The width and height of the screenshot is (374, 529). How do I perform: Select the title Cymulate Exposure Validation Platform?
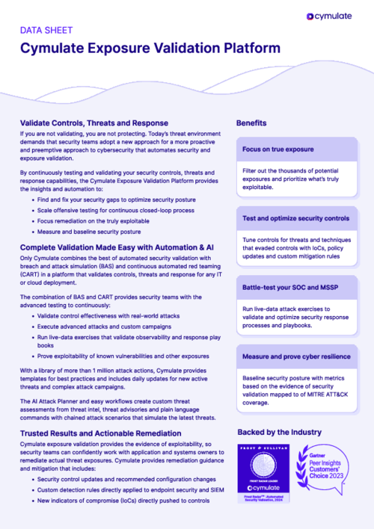(x=150, y=49)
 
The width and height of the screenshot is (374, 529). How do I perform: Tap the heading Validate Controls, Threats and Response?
(x=94, y=122)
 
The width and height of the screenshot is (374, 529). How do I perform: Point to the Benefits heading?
(x=252, y=122)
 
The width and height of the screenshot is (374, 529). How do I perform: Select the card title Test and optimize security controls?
(x=295, y=218)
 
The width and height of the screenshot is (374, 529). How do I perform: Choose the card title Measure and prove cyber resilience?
(x=295, y=356)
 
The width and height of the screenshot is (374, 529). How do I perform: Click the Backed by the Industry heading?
(x=279, y=432)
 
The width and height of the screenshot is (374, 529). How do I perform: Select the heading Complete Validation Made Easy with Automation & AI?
(x=117, y=247)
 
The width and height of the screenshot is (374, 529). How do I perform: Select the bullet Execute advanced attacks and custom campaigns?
(x=108, y=327)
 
